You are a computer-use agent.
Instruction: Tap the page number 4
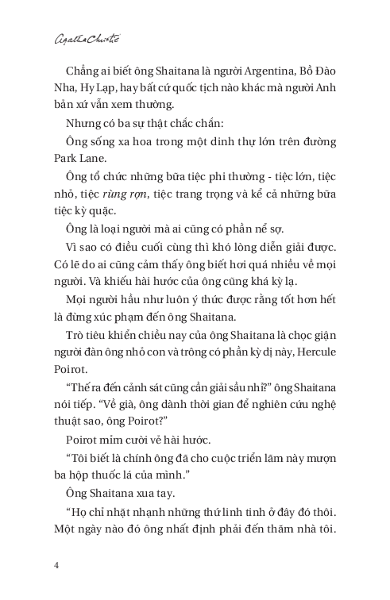(56, 565)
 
